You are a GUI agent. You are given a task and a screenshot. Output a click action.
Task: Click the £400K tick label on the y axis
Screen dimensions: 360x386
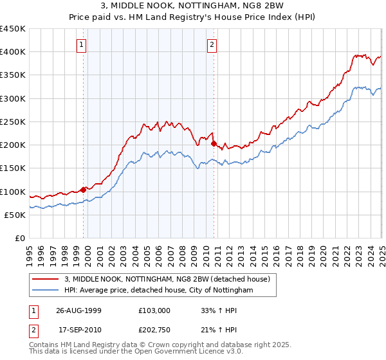(x=13, y=52)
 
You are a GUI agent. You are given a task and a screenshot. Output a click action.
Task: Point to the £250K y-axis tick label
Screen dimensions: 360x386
(x=13, y=122)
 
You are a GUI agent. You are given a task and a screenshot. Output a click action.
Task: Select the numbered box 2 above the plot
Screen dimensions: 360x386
(x=212, y=45)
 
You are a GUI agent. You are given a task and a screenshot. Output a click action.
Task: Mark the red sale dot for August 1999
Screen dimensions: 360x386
(x=84, y=190)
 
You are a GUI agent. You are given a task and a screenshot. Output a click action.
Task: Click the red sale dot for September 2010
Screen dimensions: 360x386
(x=214, y=144)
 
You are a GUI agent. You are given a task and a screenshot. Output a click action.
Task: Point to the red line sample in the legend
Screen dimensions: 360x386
(x=45, y=279)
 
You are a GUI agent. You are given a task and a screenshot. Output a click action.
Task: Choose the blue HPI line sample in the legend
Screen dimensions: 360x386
(x=45, y=291)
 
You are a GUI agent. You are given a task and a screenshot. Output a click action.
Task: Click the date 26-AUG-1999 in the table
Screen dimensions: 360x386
(x=78, y=310)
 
